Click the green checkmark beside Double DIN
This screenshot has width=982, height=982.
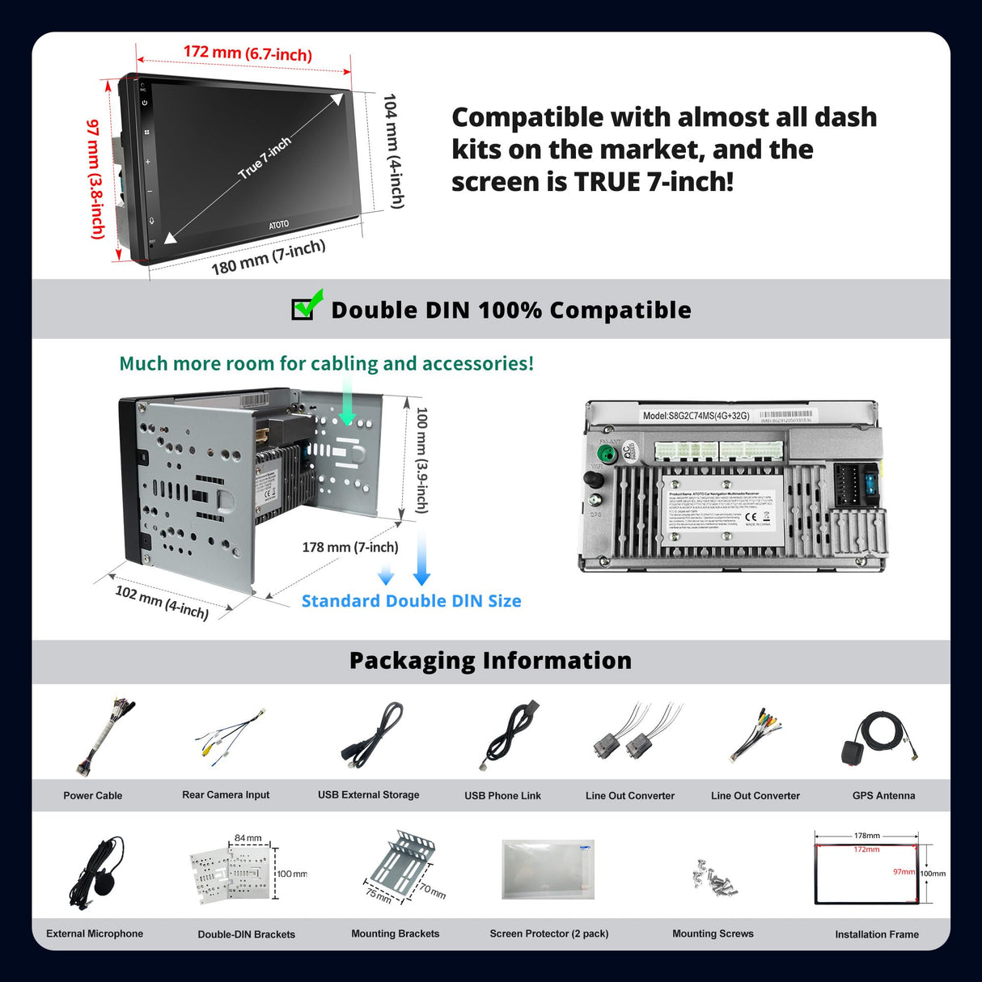click(x=308, y=304)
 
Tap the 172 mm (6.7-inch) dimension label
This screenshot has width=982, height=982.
click(x=248, y=53)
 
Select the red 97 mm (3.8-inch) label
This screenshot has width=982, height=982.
click(x=96, y=179)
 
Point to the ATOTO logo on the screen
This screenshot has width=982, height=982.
click(x=278, y=224)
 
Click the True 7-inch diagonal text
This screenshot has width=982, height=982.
click(x=265, y=158)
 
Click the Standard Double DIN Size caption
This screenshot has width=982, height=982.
click(x=411, y=601)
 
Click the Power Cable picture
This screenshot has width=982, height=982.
click(x=102, y=736)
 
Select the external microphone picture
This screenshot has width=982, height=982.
click(x=99, y=874)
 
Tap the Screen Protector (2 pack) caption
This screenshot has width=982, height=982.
click(x=549, y=933)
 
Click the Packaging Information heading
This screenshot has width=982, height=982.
click(x=490, y=661)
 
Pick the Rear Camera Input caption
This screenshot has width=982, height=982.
click(x=226, y=795)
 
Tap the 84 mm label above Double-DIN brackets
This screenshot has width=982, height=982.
click(x=248, y=838)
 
